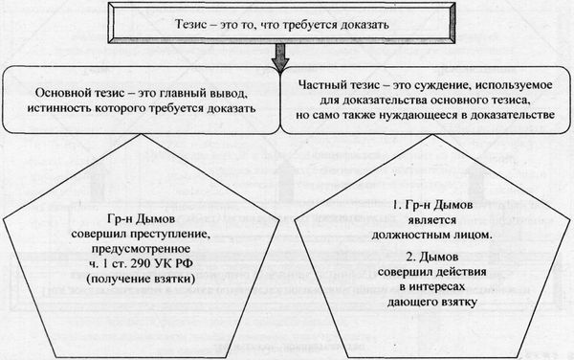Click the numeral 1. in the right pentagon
click(395, 206)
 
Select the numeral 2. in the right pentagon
click(395, 258)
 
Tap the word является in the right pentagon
click(442, 220)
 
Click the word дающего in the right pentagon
click(422, 304)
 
